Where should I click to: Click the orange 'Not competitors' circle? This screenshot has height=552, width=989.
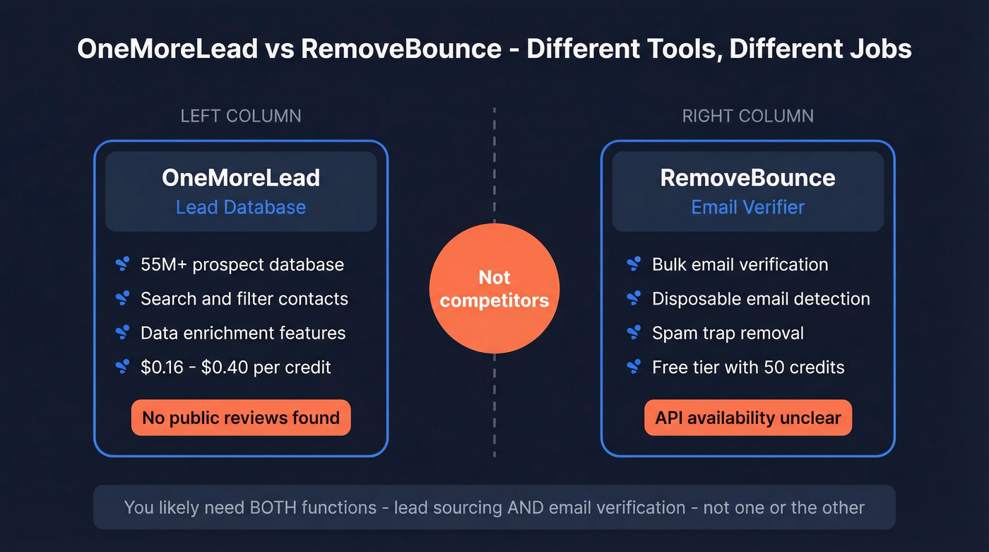[494, 288]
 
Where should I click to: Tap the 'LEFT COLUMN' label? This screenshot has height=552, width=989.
[241, 116]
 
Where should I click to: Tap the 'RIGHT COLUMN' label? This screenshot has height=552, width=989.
[747, 116]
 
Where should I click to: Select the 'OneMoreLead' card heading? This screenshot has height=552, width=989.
[241, 177]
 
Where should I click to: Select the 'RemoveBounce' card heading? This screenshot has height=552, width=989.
[747, 177]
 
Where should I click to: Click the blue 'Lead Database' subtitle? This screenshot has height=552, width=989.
[241, 207]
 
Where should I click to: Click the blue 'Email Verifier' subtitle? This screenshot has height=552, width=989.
[747, 207]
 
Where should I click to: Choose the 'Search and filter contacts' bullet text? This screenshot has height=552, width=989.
[244, 299]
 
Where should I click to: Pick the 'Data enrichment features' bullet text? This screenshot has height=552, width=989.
[243, 333]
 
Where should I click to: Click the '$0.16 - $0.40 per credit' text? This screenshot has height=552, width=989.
[236, 367]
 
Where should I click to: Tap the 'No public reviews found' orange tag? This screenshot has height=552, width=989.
[241, 418]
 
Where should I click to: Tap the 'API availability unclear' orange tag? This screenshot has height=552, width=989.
[748, 418]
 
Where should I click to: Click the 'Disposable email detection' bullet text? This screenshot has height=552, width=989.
[761, 299]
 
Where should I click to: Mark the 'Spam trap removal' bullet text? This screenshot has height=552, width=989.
[728, 333]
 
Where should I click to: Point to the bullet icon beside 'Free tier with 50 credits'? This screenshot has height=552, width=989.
[634, 367]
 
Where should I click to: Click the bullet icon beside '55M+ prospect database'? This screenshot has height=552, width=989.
[122, 265]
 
